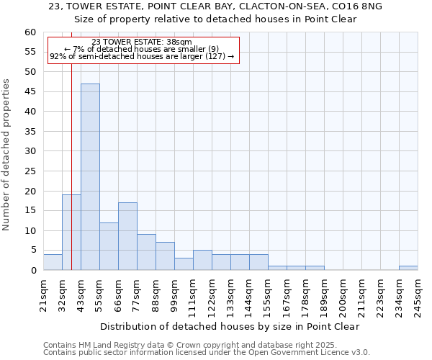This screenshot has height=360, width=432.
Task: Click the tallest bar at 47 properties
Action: coord(90,177)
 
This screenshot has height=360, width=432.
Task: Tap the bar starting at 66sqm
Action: coord(127,236)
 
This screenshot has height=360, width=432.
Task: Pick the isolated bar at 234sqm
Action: coord(408,268)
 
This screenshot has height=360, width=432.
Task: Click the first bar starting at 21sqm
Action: coord(53,262)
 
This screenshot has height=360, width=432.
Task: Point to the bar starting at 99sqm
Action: coord(184,264)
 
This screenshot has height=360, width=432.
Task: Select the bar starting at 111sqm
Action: coord(202,260)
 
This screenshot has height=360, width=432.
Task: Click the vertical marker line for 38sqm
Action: coord(71,144)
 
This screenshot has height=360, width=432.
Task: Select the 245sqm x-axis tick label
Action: coord(418,296)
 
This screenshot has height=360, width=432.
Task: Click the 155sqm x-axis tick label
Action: coord(268,296)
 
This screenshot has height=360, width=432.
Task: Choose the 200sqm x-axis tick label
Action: coord(343,296)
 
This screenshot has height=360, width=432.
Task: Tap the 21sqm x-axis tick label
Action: coord(43,296)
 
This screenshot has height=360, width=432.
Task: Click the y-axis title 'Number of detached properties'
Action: coord(6,155)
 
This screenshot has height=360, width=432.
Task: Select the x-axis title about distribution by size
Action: coord(230,326)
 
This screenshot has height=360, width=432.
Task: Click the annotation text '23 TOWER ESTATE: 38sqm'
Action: coord(142,42)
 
